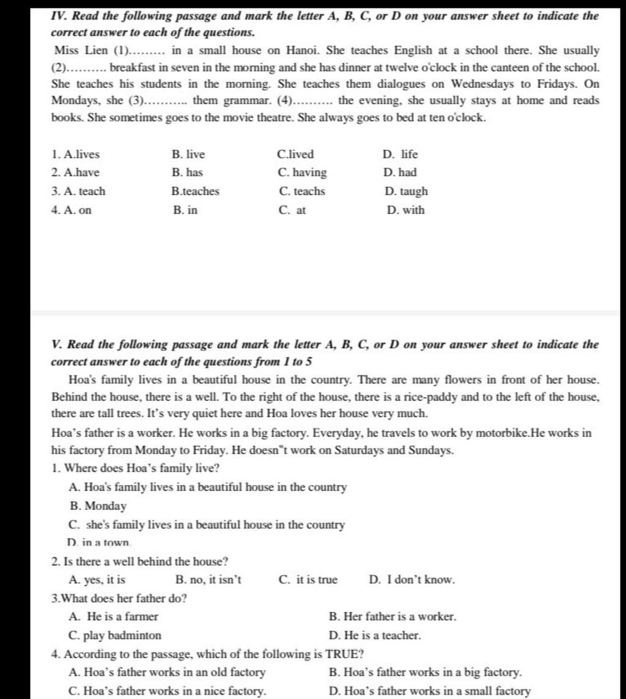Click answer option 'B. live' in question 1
[x=188, y=155]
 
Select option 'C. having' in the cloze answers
[x=302, y=173]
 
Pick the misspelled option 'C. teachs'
[x=302, y=191]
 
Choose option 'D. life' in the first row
[x=400, y=155]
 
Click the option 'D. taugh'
[x=407, y=191]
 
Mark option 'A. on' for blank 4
[x=72, y=210]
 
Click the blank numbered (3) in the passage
[x=160, y=101]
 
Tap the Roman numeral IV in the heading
[x=58, y=16]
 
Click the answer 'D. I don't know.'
[x=412, y=580]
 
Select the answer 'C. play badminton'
[x=116, y=635]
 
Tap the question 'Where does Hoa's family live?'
[x=141, y=469]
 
